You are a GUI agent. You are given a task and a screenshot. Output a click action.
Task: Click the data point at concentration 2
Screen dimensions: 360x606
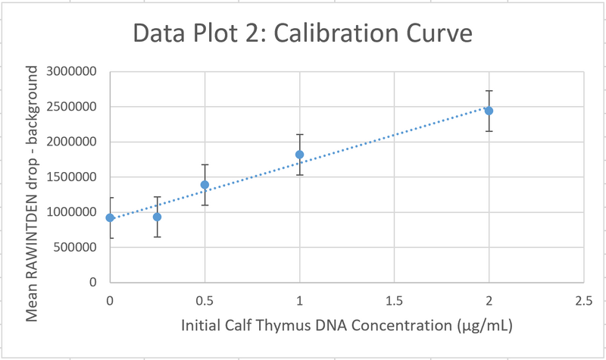click(489, 111)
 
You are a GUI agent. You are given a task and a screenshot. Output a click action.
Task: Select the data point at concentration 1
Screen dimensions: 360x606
click(300, 155)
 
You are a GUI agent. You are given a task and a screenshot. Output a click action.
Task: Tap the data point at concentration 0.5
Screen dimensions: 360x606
click(205, 185)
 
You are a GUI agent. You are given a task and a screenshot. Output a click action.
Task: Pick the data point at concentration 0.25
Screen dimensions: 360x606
click(157, 217)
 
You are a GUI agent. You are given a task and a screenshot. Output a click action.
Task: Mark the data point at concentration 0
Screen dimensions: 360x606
click(110, 218)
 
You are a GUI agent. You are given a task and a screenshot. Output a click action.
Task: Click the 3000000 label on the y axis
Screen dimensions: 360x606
click(73, 72)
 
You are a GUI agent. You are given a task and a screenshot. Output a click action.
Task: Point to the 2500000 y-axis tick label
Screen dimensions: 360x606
click(73, 107)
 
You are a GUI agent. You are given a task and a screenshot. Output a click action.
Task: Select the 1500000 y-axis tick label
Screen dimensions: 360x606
click(73, 177)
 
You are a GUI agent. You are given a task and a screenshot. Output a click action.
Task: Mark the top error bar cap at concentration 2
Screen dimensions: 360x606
click(489, 91)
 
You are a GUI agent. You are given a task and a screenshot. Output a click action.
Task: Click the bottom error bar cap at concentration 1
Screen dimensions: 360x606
click(300, 175)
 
